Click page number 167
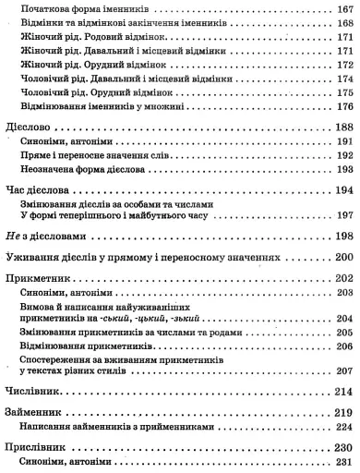click(342, 8)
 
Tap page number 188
click(342, 126)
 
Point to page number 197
click(342, 216)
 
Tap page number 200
click(342, 257)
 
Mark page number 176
click(342, 104)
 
